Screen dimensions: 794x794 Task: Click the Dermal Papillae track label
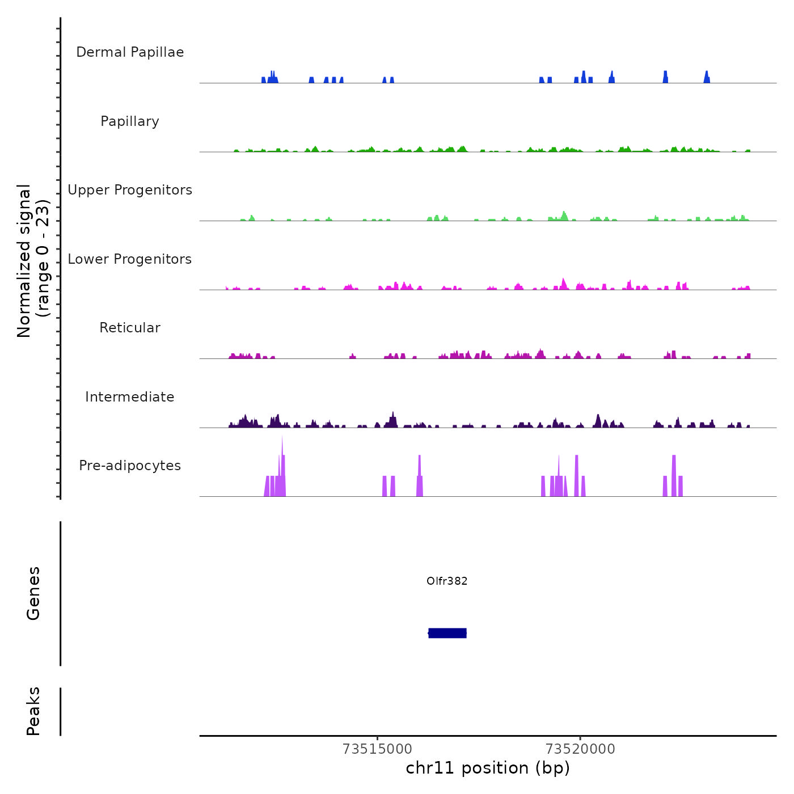130,52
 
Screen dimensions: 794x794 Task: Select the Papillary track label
130,121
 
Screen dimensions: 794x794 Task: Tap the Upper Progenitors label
130,190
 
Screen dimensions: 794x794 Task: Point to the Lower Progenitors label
130,259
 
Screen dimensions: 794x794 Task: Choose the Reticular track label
130,328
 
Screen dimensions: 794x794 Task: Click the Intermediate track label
130,397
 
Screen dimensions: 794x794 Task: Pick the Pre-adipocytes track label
130,466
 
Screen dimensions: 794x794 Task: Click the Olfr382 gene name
447,581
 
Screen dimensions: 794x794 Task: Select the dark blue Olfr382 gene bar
447,633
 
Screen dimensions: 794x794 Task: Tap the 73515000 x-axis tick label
377,749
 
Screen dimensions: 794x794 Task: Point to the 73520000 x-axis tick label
580,749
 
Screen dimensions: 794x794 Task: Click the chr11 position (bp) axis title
488,768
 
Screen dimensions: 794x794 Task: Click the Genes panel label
33,593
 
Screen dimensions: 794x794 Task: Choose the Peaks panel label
33,711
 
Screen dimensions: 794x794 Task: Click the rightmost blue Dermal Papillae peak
707,78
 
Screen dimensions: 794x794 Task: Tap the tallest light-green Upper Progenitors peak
564,216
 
